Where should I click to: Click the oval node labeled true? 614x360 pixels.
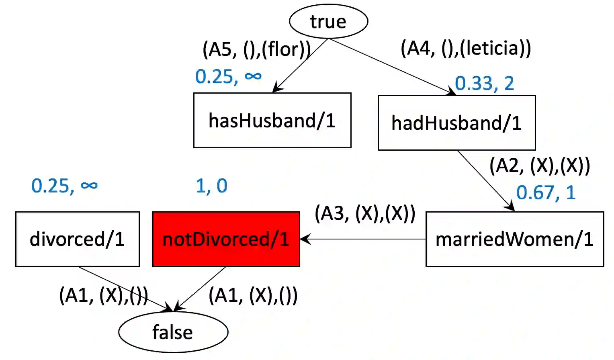[328, 21]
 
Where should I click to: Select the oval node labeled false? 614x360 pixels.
[173, 332]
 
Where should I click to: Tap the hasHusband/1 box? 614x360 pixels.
[272, 121]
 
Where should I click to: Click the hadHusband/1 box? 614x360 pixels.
[456, 123]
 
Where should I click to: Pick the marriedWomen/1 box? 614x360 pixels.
[514, 239]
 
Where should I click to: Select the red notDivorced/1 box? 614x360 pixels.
[226, 239]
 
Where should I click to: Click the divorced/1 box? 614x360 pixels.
[77, 239]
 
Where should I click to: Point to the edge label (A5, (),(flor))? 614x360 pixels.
[256, 49]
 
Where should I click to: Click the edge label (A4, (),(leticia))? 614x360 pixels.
[466, 48]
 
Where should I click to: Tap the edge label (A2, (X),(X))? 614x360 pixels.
[540, 165]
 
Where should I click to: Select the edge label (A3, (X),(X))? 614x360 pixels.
[365, 213]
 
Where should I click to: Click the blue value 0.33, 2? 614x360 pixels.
[484, 83]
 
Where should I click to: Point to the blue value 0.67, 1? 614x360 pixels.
[546, 192]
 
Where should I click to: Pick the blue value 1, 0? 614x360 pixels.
[211, 186]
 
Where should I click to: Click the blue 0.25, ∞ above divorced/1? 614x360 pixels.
[64, 186]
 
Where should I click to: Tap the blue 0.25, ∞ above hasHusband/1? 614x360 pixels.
[228, 76]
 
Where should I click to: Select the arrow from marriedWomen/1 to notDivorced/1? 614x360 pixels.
[364, 239]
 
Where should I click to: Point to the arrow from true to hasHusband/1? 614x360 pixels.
[301, 65]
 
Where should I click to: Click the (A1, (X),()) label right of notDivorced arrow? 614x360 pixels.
[253, 296]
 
